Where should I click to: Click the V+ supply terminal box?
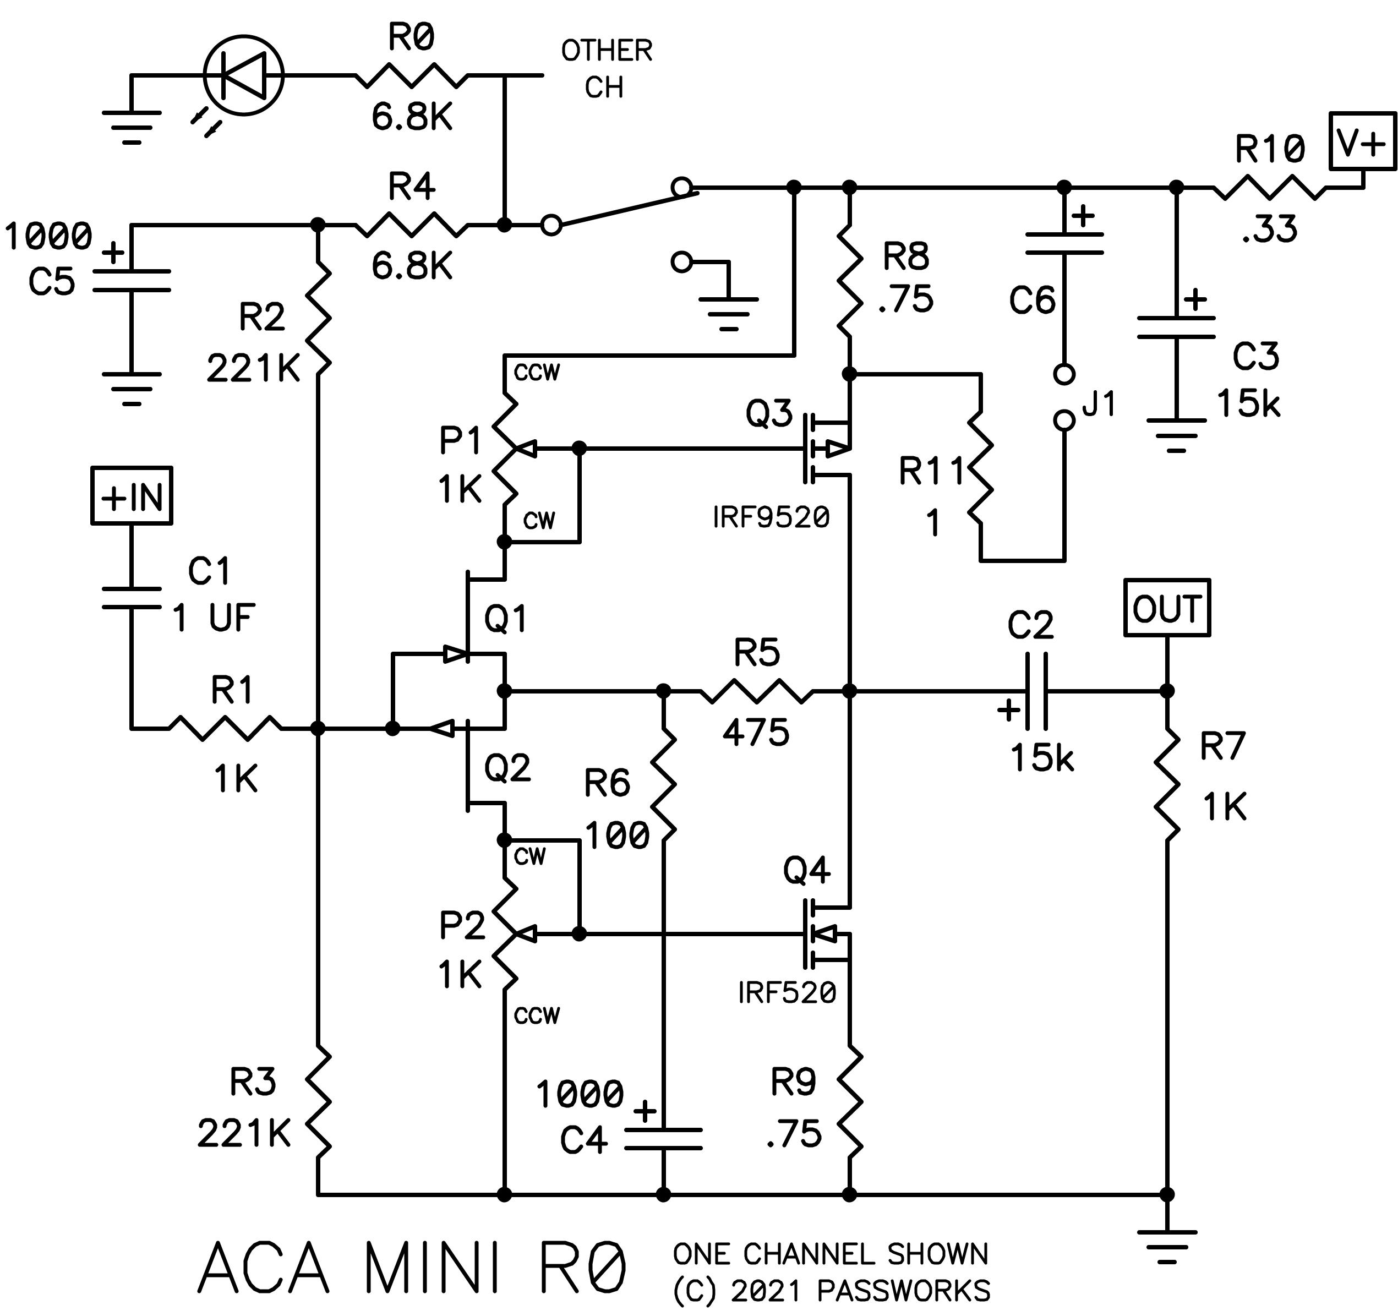coord(1362,141)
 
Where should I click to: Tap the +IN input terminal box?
coord(132,495)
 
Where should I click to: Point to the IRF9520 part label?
coord(772,518)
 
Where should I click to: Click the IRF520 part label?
coord(787,993)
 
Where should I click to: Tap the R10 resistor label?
coord(1270,149)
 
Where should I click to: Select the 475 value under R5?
coord(756,732)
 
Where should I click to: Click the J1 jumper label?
coord(1099,404)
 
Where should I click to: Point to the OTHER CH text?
coord(606,69)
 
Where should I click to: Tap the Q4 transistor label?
coord(806,871)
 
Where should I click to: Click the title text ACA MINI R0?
coord(412,1268)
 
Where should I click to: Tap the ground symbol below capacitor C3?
coord(1176,435)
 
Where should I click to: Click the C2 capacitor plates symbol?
coord(1036,691)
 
